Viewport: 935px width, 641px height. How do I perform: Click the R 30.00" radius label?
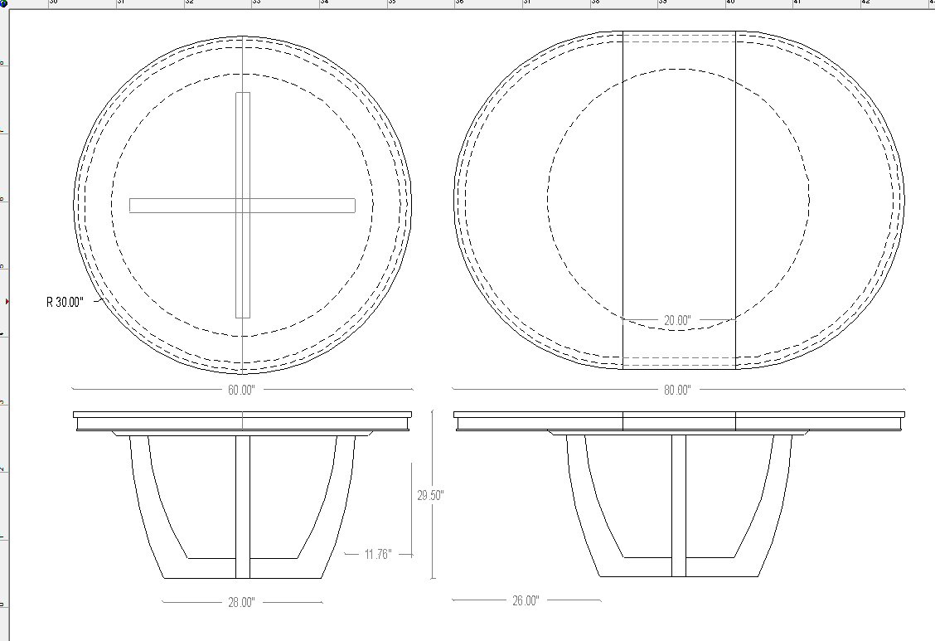pos(65,303)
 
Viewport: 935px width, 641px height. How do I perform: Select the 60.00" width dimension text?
pos(241,390)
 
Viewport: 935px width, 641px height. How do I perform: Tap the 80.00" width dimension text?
pos(676,390)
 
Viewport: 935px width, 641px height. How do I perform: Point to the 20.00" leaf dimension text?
pos(676,319)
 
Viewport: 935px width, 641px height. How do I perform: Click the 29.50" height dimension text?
pos(430,495)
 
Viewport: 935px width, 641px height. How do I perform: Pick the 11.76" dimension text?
pos(377,554)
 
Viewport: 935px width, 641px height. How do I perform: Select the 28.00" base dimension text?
pos(241,603)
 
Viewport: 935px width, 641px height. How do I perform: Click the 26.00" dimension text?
pos(526,600)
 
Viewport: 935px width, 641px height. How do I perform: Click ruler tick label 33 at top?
pos(256,3)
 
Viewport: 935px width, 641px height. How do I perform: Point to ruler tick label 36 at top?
pos(459,3)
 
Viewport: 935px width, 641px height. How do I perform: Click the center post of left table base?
pos(243,506)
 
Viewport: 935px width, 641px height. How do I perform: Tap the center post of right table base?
pos(679,506)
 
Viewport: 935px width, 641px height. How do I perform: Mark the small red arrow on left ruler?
pos(7,302)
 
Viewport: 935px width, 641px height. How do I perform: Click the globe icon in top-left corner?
pos(3,3)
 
